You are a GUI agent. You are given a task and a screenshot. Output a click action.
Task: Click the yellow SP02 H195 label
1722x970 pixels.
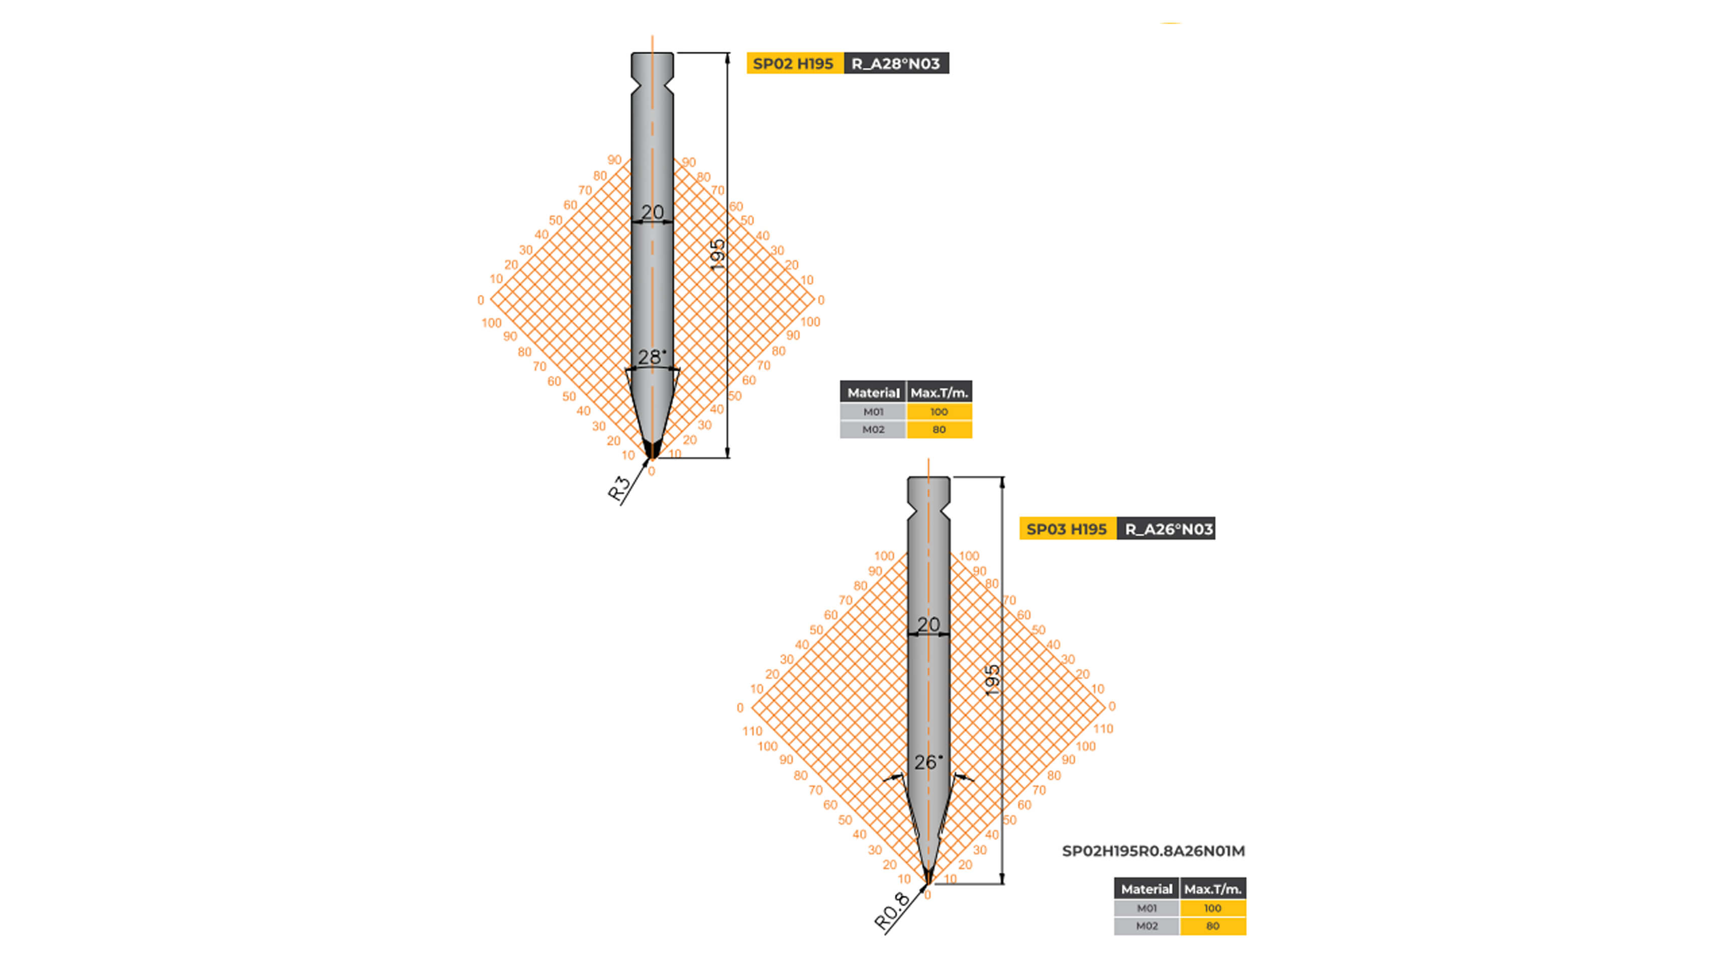(x=794, y=64)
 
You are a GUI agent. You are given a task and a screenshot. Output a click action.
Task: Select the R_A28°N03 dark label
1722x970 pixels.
(x=896, y=64)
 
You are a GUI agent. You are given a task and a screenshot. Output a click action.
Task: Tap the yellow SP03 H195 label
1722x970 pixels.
(x=1067, y=529)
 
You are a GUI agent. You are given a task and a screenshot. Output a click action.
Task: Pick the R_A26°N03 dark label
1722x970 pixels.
(x=1168, y=529)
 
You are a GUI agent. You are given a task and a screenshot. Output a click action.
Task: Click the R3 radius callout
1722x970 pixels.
(x=619, y=488)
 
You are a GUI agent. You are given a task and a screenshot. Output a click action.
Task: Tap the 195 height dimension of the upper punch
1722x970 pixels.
(x=717, y=254)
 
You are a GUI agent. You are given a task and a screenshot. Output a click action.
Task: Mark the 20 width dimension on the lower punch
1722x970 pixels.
(x=928, y=624)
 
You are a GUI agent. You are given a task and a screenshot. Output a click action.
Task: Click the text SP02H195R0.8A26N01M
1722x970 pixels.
(x=1153, y=851)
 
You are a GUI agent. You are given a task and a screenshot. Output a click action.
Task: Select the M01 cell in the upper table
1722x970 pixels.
(x=873, y=412)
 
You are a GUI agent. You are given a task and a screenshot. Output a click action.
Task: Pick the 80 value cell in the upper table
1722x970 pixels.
(x=939, y=429)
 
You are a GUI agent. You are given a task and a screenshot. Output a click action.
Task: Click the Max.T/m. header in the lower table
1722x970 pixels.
(x=1213, y=889)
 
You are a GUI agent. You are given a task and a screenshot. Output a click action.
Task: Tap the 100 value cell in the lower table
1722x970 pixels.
(x=1213, y=908)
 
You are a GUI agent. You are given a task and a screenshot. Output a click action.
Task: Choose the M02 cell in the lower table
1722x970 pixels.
(x=1147, y=926)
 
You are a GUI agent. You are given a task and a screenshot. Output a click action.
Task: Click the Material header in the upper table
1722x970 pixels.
(x=873, y=393)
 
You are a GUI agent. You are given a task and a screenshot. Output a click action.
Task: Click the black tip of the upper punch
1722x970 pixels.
(x=652, y=449)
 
